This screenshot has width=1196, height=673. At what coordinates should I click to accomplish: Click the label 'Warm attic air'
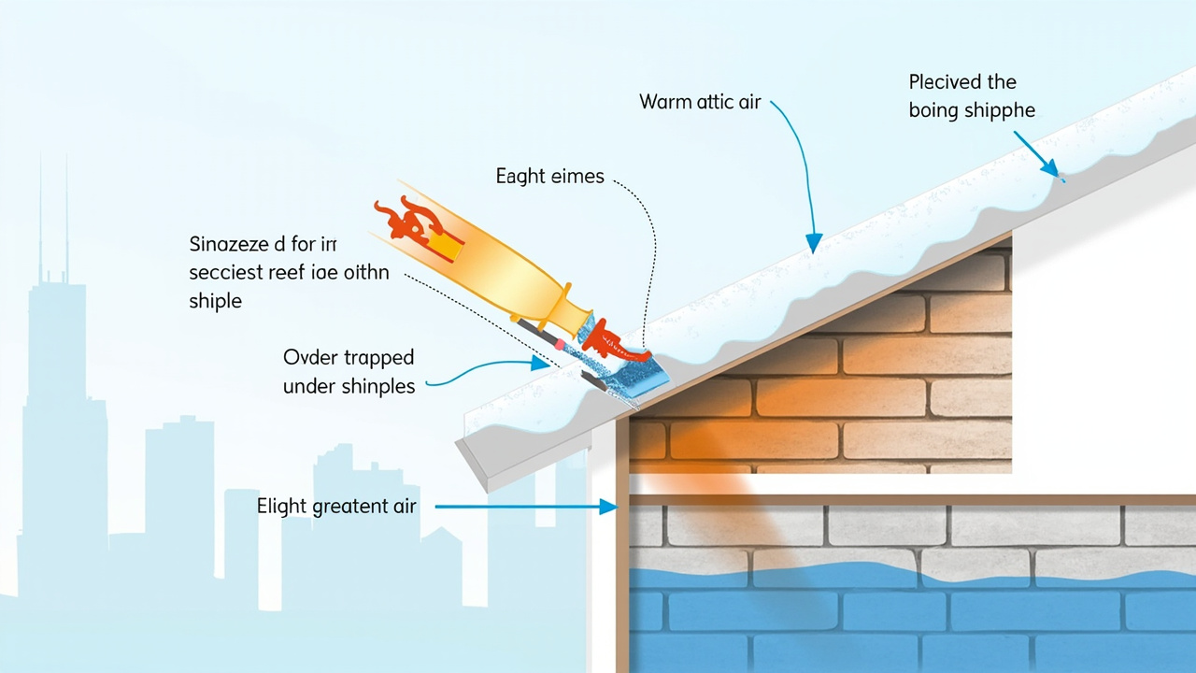click(700, 102)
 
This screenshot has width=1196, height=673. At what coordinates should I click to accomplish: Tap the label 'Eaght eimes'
click(549, 176)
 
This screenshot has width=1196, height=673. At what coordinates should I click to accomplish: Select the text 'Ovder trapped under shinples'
click(349, 372)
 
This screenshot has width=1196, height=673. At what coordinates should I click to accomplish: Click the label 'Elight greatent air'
click(336, 507)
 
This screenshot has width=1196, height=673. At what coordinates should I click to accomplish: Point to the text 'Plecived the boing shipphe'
click(972, 96)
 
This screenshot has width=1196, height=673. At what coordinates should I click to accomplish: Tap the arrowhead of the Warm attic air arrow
click(814, 245)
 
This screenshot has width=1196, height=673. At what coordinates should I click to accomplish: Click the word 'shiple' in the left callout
click(215, 302)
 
